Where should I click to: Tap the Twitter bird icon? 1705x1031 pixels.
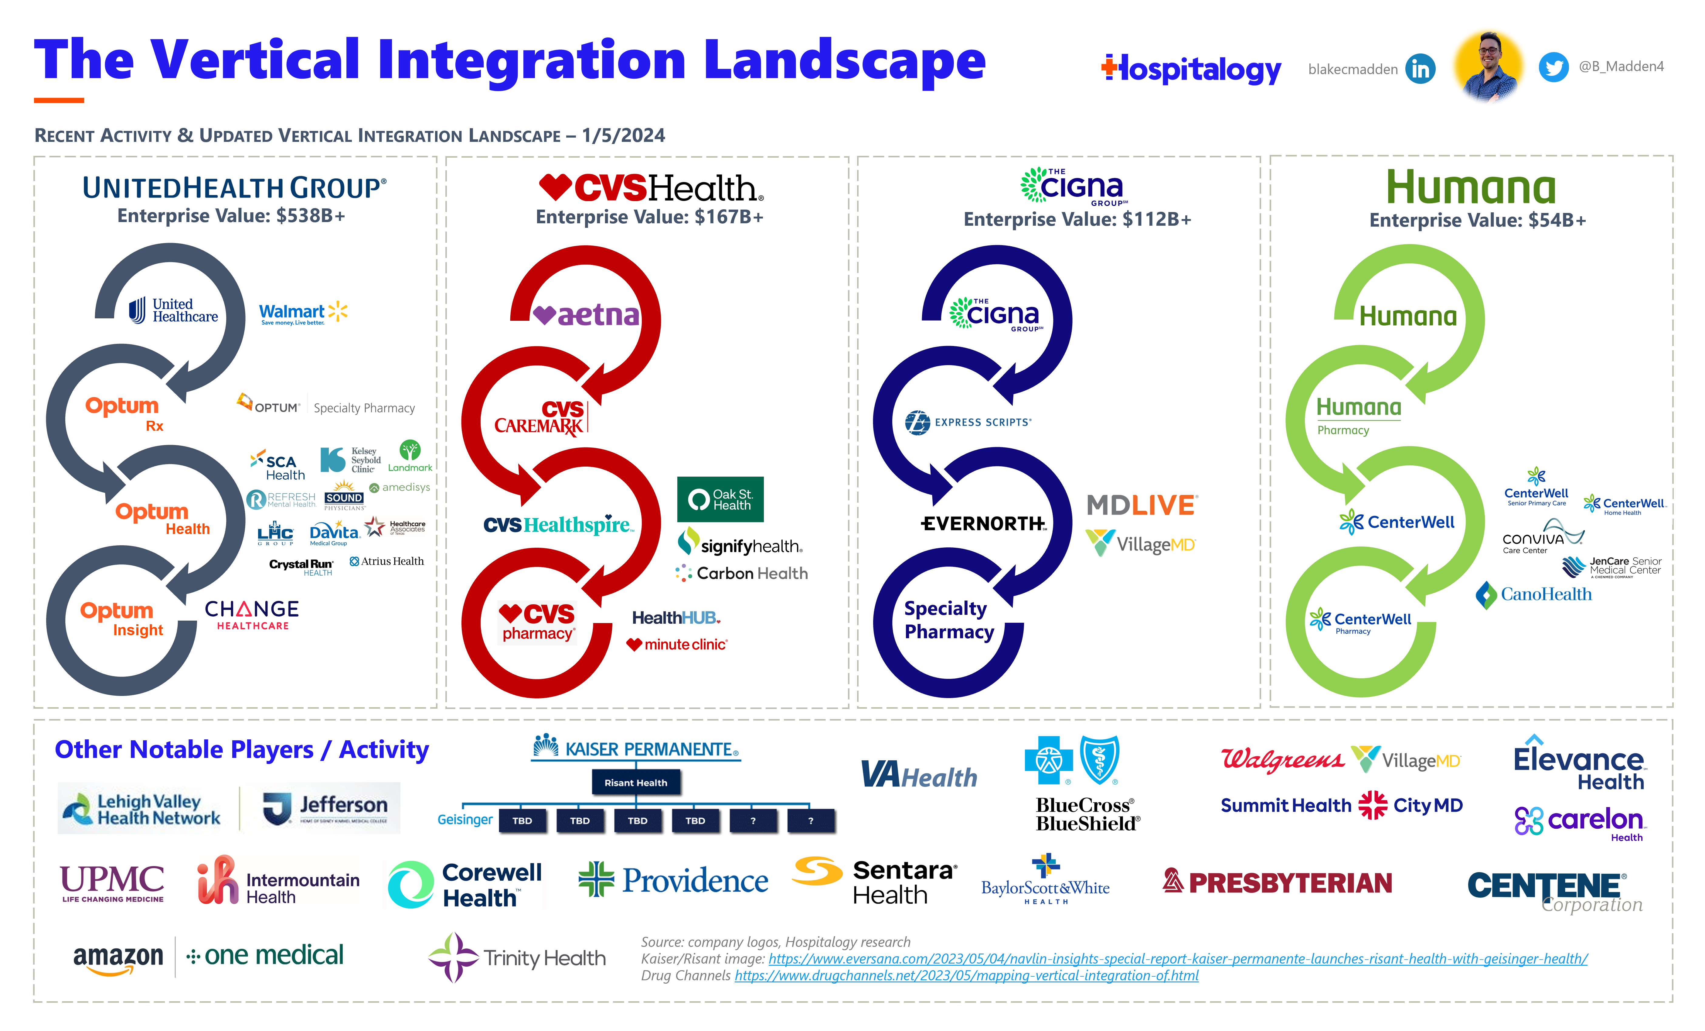tap(1554, 67)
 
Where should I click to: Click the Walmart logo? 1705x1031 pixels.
tap(302, 313)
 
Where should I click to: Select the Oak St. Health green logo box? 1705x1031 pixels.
tap(720, 499)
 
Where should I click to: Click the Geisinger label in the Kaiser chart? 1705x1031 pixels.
tap(464, 820)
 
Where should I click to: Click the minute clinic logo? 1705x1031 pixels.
tap(677, 645)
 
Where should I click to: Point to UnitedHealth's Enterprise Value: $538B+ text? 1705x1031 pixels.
tap(231, 216)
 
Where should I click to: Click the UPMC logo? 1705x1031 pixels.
tap(112, 883)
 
